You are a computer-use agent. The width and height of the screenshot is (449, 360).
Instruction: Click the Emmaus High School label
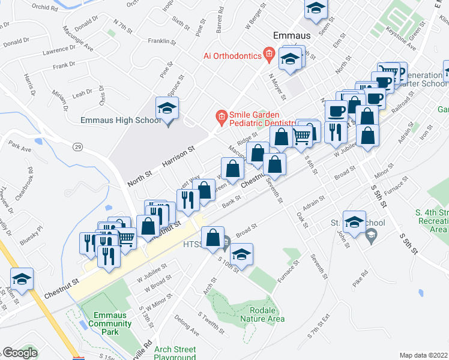121,121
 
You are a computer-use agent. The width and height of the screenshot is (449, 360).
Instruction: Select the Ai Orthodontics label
232,56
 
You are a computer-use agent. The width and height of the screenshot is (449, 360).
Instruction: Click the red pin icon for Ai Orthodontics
270,55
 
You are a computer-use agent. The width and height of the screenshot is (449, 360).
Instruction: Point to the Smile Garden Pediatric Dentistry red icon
221,116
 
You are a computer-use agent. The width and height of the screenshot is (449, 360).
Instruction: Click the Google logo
20,353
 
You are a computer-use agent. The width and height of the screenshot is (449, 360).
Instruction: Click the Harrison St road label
179,155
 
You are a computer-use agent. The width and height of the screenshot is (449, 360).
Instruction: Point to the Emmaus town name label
292,35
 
